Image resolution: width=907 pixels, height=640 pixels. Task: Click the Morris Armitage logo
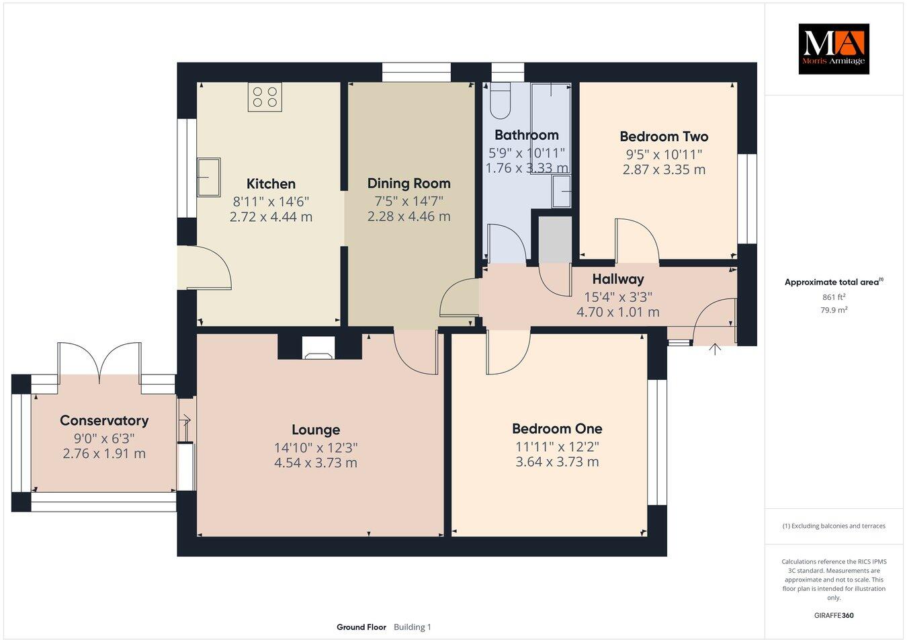click(x=833, y=48)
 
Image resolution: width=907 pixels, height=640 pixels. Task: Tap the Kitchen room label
click(x=271, y=184)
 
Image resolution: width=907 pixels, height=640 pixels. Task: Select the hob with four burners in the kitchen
click(x=265, y=97)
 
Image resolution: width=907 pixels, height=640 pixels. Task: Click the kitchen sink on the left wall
click(x=208, y=177)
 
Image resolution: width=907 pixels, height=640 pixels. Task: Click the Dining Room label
click(x=408, y=183)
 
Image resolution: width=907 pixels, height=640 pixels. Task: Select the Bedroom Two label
click(x=664, y=136)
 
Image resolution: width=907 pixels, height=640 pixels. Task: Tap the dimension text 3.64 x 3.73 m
click(x=556, y=462)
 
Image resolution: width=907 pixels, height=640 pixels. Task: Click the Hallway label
click(x=617, y=279)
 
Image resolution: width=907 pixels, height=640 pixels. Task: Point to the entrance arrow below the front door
click(x=714, y=349)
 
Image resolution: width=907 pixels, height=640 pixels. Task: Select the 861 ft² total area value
click(x=834, y=296)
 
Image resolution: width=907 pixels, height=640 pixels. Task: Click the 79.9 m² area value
click(x=834, y=310)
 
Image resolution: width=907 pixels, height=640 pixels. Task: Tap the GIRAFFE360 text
click(x=834, y=614)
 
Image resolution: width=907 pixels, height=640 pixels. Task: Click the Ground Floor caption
click(x=361, y=627)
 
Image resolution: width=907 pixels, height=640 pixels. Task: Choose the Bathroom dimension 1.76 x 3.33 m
click(x=526, y=168)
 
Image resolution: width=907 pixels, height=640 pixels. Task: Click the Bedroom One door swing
click(x=507, y=353)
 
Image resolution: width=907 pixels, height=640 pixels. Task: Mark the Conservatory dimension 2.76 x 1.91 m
click(x=104, y=453)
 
